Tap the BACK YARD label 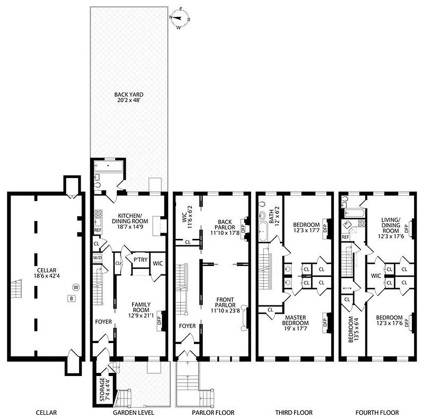click(x=129, y=98)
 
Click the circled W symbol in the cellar click(x=76, y=286)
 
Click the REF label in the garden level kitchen click(x=97, y=230)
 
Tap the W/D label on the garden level click(x=97, y=258)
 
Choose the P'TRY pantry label click(x=139, y=259)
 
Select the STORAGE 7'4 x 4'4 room click(x=102, y=388)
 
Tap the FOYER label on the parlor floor click(x=187, y=326)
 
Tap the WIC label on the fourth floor click(x=375, y=274)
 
